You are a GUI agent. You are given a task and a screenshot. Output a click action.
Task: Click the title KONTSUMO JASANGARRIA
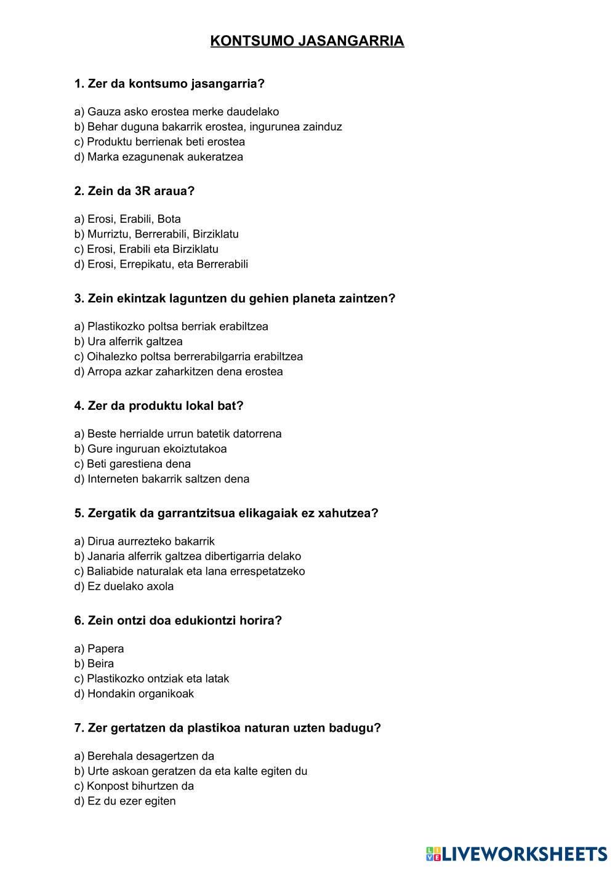coord(307,41)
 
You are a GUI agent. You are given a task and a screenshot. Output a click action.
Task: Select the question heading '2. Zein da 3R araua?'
coord(134,191)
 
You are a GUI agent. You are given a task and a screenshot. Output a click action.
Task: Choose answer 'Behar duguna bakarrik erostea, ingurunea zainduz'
coord(208,127)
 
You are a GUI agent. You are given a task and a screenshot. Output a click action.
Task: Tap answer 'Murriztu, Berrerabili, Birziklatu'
coord(156,234)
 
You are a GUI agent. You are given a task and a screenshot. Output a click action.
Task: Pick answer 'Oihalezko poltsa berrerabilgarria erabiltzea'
coord(188,356)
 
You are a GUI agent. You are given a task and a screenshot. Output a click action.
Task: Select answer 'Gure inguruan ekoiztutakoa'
coord(150,449)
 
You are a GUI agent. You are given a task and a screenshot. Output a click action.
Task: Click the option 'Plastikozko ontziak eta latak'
coord(151,678)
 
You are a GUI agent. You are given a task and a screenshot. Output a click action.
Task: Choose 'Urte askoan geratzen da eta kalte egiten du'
coord(191,771)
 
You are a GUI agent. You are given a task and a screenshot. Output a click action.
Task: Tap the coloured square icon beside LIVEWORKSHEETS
coord(433,854)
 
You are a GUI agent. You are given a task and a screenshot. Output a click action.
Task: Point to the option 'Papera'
coord(99,649)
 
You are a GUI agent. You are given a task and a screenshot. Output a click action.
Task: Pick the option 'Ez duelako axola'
coord(124,586)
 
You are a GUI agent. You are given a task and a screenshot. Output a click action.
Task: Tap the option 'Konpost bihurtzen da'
coord(134,786)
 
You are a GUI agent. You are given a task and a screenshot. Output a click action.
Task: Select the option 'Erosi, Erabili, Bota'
coord(127,219)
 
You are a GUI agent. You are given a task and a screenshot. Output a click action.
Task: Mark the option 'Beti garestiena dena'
coord(132,464)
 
